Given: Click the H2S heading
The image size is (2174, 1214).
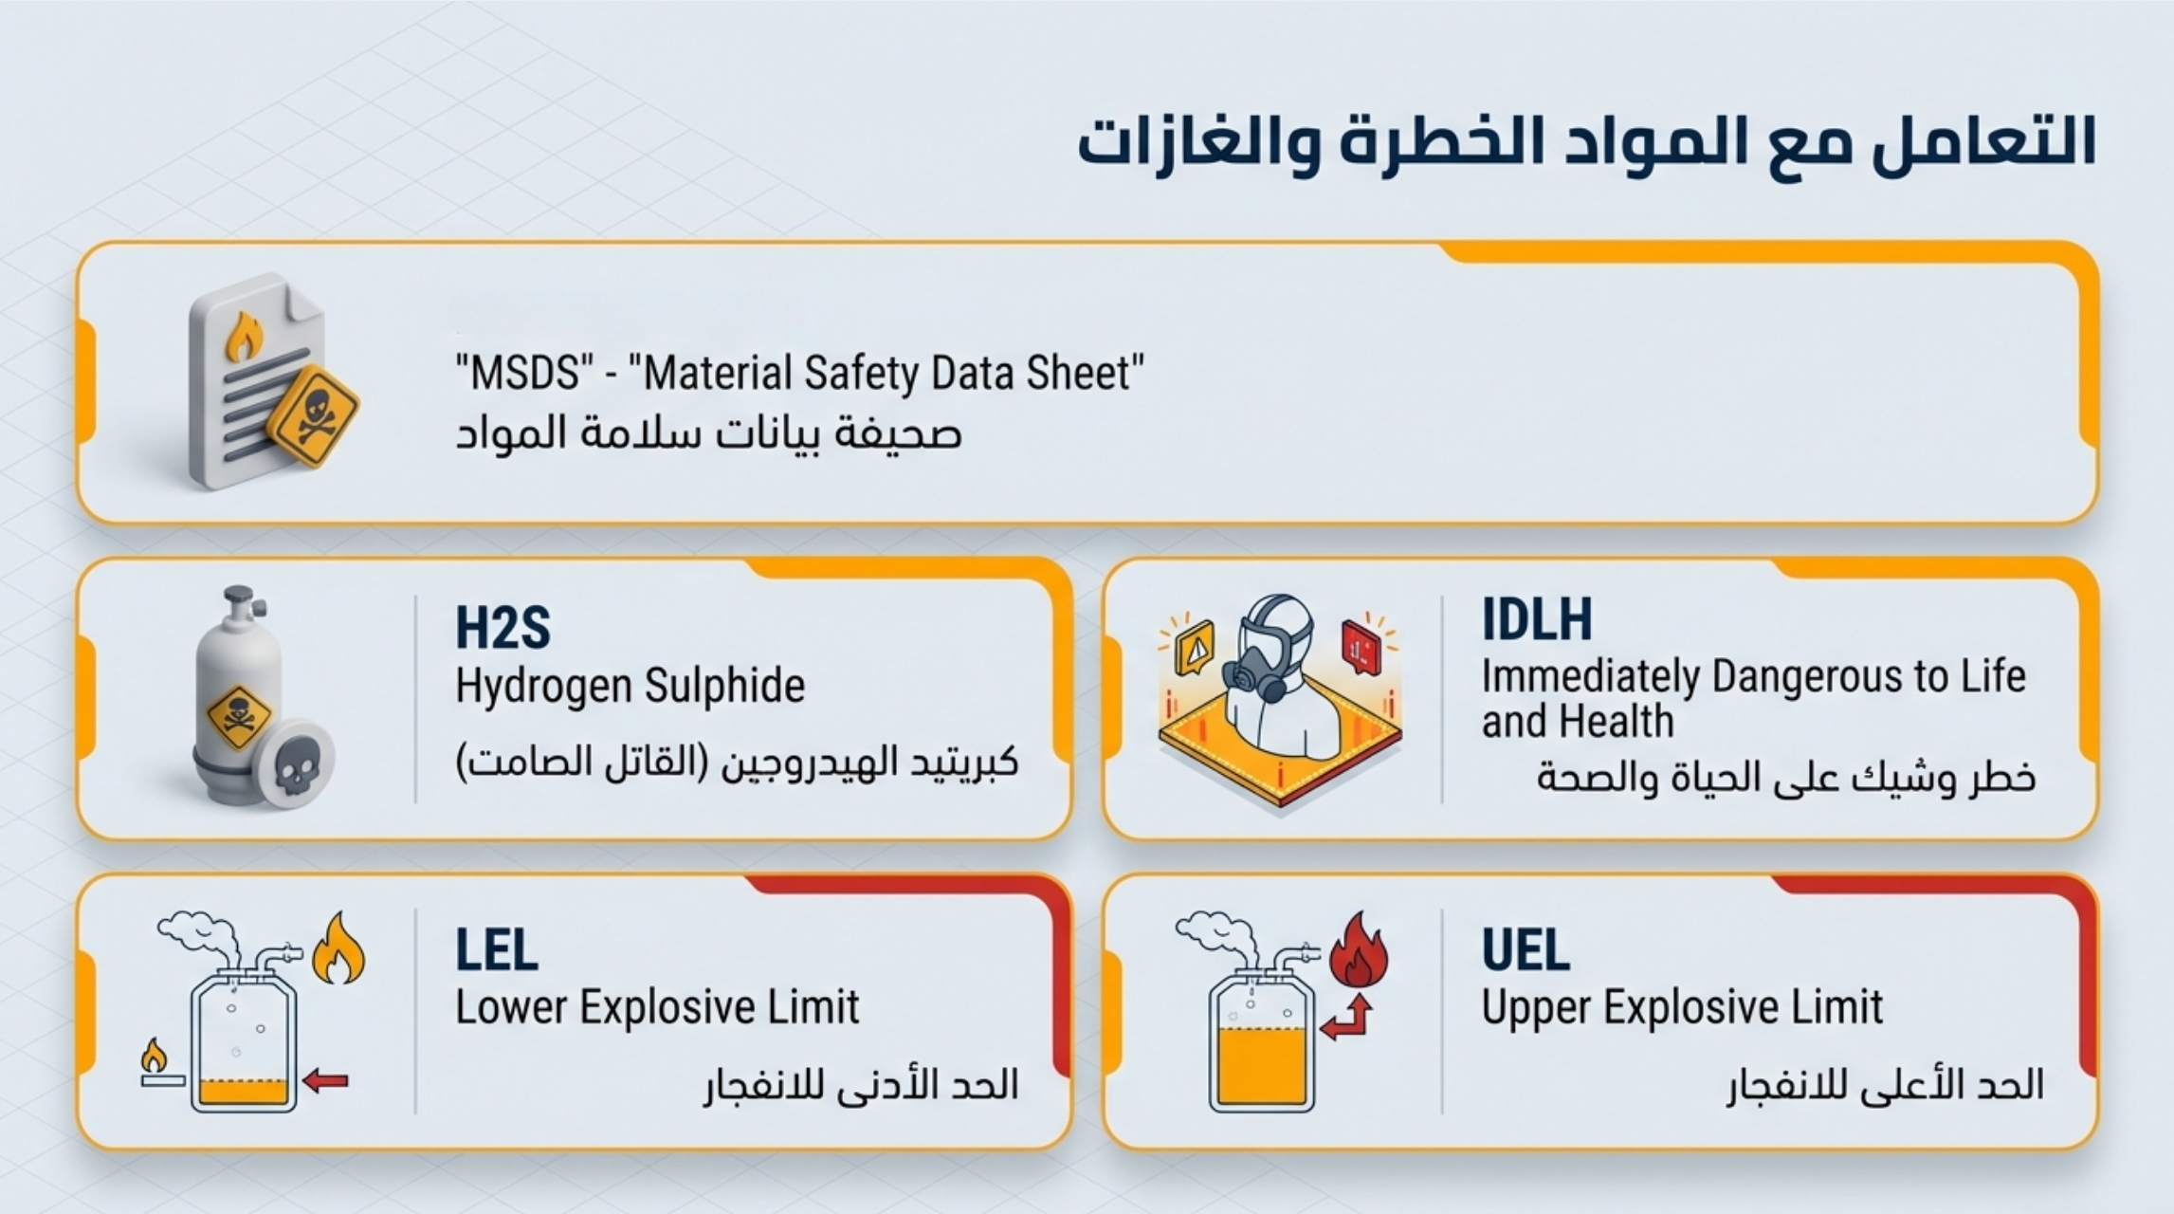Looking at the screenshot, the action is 502,628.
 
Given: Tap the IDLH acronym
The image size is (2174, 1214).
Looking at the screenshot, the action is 1537,619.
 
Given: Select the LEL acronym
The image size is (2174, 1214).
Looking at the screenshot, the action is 497,949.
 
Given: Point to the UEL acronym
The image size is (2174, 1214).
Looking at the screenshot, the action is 1525,949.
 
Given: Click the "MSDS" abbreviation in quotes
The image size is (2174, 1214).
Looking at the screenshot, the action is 517,373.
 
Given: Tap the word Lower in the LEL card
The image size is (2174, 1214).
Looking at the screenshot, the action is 511,1007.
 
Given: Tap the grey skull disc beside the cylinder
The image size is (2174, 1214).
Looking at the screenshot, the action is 295,763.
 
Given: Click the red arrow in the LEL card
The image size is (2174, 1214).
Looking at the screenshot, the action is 326,1080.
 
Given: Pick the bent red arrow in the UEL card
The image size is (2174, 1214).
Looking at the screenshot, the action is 1347,1020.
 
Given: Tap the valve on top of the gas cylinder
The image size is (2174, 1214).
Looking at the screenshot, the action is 239,604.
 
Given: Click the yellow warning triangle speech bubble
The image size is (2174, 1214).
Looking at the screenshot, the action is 1195,648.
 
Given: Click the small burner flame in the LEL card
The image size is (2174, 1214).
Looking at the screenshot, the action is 153,1056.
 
